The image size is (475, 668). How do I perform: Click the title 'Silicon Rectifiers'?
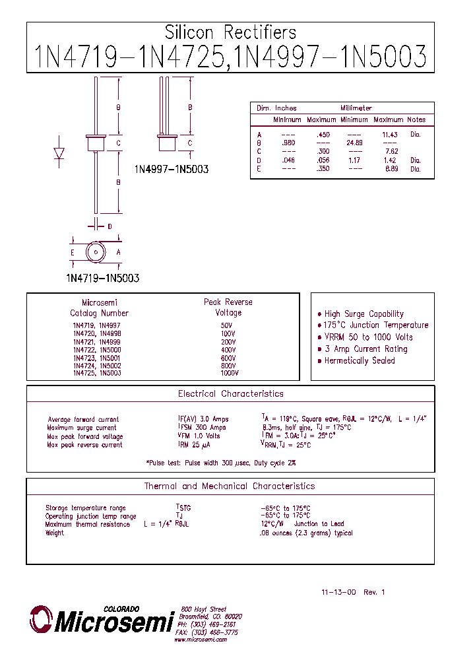[230, 32]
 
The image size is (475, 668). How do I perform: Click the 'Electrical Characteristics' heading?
[230, 394]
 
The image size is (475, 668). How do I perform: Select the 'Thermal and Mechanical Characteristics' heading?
[230, 486]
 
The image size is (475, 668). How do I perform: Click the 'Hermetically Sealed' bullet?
[360, 361]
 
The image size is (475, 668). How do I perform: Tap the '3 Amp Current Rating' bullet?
[365, 349]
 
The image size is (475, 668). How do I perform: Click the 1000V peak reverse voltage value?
[229, 374]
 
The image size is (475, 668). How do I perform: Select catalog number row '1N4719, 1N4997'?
[96, 325]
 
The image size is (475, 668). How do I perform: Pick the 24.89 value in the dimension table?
[355, 143]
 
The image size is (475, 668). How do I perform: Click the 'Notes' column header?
[416, 120]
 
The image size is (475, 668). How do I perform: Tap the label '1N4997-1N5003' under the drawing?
[172, 170]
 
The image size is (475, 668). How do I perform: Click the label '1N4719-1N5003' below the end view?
[102, 279]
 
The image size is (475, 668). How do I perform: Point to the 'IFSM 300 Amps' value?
[203, 428]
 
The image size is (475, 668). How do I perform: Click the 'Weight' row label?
[55, 533]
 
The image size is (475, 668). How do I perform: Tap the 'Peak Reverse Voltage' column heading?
[228, 307]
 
